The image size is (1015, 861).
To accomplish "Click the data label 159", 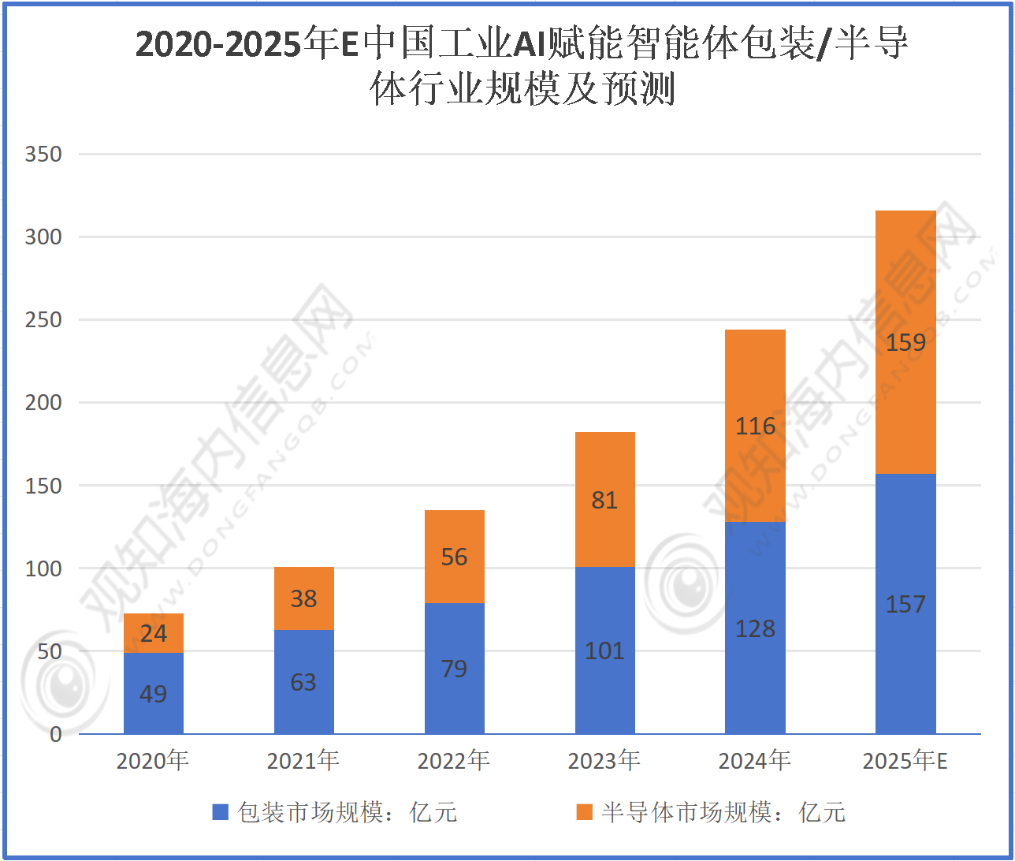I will point(905,343).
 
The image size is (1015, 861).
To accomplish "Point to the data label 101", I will point(604,650).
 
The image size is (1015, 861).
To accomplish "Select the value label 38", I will point(303,599).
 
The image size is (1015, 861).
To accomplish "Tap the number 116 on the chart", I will point(755,427).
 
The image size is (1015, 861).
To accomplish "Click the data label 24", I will point(154,633).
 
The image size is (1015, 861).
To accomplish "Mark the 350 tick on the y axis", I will point(43,155).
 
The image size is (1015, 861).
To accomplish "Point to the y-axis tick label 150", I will point(43,486).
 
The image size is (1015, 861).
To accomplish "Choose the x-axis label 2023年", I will point(604,761).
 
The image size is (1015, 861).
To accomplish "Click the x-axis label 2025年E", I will point(905,761).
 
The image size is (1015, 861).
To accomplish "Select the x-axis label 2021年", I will point(303,761).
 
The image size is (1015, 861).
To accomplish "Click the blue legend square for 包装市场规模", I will point(221,812).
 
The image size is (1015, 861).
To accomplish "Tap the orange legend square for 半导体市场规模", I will point(584,812).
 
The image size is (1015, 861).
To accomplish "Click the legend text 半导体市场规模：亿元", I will point(723,812).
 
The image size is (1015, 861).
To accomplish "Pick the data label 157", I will point(905,605).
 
